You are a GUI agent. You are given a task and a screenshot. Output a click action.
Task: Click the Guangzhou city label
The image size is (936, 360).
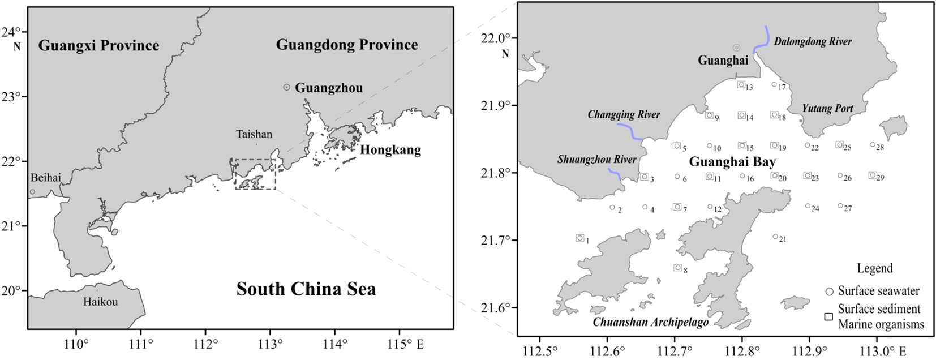click(329, 88)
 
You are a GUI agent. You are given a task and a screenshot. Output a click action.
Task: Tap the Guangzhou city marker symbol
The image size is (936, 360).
click(287, 87)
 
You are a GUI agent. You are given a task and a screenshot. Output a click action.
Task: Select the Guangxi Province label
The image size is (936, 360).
click(98, 45)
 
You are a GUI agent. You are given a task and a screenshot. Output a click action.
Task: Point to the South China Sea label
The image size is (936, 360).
click(306, 289)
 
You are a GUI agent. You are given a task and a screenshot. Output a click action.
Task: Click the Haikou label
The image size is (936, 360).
click(101, 302)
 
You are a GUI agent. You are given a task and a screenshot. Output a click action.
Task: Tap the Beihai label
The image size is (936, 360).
click(46, 178)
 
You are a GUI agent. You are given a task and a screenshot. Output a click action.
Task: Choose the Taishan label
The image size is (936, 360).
click(254, 134)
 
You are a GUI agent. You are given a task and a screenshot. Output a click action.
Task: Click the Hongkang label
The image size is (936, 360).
click(390, 150)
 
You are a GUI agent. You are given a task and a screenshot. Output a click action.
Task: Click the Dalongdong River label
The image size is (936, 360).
click(813, 41)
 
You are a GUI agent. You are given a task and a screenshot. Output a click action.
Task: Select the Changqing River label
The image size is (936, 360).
click(624, 114)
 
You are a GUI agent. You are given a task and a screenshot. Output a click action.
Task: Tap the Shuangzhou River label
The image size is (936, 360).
click(596, 160)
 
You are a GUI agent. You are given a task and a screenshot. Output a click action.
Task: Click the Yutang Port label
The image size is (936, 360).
click(827, 108)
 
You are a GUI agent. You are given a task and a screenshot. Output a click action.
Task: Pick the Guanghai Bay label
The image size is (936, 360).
click(732, 162)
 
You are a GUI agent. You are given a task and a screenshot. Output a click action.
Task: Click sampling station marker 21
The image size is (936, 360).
click(775, 237)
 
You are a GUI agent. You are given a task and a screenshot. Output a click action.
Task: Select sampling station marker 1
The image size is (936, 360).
click(579, 238)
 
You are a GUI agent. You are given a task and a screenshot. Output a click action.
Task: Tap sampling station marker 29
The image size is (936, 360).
click(873, 175)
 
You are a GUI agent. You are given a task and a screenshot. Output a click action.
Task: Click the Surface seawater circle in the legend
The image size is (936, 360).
click(829, 292)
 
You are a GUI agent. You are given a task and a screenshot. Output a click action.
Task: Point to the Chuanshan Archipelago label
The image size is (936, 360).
click(651, 322)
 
